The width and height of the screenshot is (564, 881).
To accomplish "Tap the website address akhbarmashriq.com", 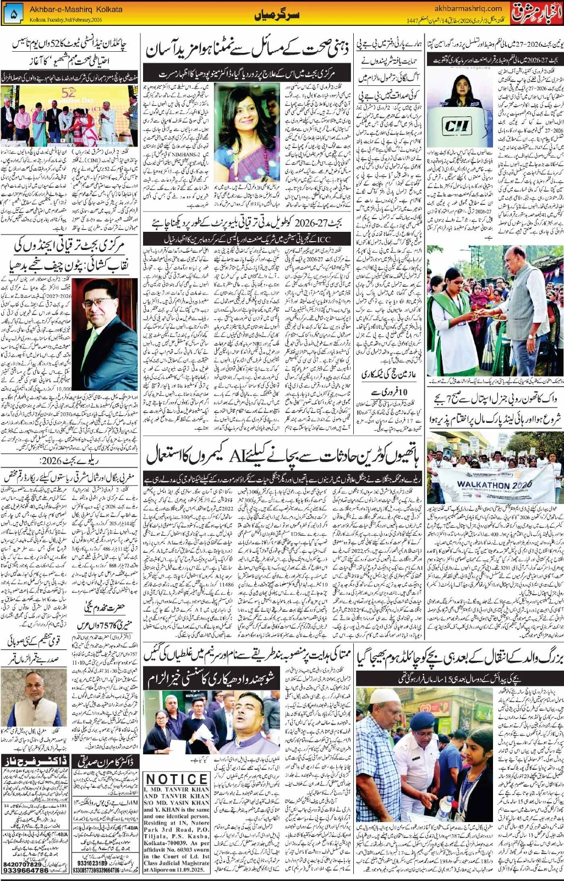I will click(468, 8).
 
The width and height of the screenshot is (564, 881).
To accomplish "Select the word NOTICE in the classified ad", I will click(177, 779).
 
